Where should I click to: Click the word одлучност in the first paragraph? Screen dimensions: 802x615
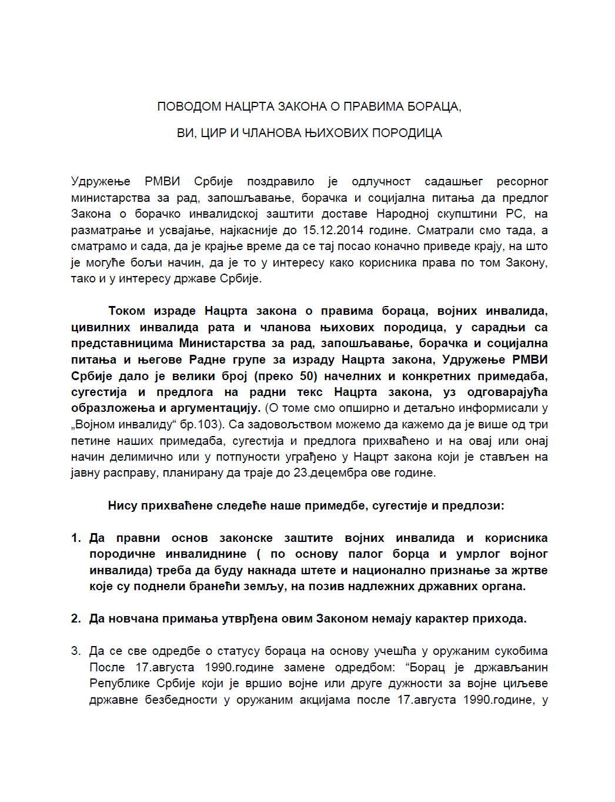point(381,181)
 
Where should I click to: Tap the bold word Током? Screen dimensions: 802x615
point(126,311)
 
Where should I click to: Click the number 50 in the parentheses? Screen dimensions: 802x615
point(307,376)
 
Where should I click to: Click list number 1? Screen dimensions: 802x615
point(75,538)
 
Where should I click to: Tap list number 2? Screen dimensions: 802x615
point(75,618)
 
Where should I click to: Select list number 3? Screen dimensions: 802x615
point(75,651)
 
